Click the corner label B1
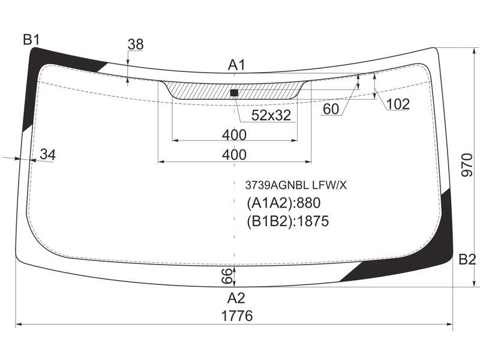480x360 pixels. point(31,40)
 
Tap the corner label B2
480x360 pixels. point(467,260)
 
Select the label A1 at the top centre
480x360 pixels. point(236,65)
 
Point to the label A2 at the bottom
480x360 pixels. point(236,298)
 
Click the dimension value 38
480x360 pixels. point(136,44)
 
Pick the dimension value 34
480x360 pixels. point(48,155)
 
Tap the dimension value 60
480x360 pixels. point(331,109)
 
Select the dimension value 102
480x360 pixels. point(398,104)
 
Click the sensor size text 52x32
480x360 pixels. point(271,115)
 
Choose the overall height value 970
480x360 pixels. point(467,165)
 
